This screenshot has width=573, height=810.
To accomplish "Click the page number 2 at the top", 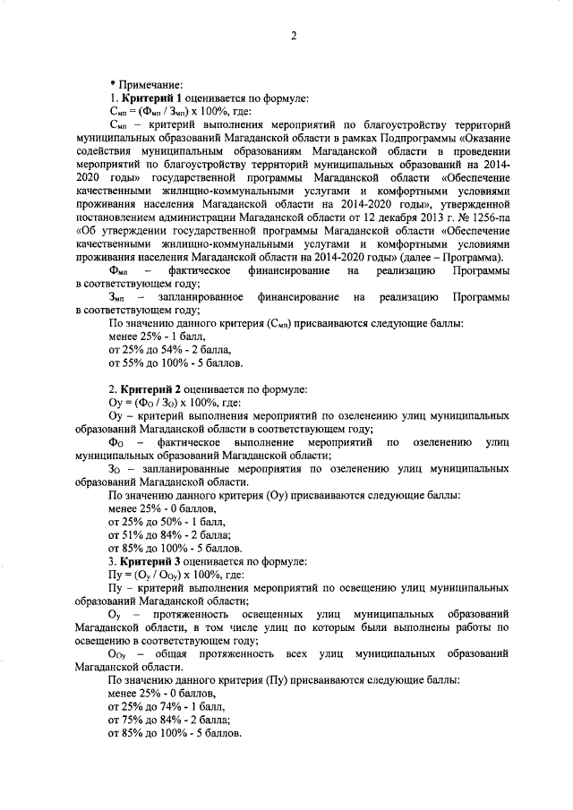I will click(x=293, y=36).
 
